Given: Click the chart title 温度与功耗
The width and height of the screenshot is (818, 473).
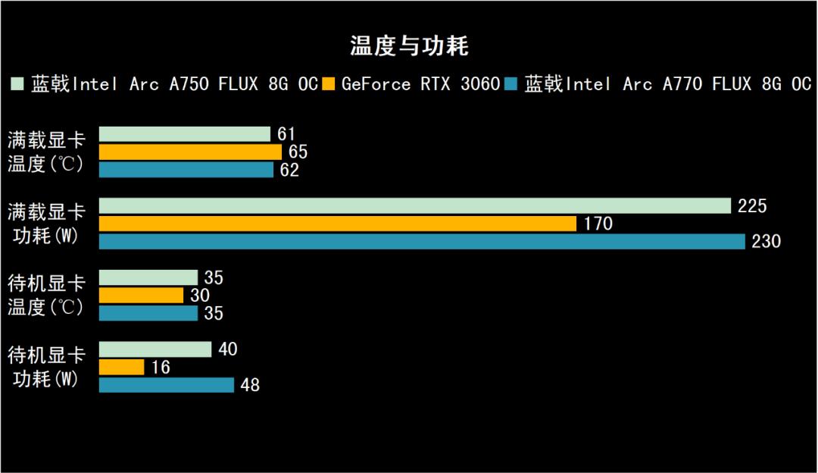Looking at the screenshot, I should pos(409,46).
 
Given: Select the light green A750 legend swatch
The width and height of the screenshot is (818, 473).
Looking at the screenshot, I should pos(18,83).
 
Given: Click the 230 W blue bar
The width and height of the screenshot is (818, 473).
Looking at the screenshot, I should pos(422,241).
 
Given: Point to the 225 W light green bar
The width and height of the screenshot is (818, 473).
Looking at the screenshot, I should pos(414,205).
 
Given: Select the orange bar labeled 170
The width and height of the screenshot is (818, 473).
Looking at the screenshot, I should pos(338,224).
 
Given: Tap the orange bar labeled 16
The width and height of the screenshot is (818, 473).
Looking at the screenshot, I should pos(121,367).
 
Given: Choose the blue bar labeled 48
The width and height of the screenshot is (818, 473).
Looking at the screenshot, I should pos(166,385).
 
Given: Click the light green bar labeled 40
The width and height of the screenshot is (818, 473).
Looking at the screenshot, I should pos(155,349).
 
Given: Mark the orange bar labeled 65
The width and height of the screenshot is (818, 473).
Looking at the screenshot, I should pos(190,152).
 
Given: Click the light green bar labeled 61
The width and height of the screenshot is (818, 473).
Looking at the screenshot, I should pos(184,134).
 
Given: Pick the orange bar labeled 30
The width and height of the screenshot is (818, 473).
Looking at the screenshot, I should pos(141,295).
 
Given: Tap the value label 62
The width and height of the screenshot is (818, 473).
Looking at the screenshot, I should pos(289,171).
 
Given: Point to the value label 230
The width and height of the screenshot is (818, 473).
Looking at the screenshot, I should pos(766,242).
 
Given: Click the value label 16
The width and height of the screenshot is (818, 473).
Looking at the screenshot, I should pos(161,368).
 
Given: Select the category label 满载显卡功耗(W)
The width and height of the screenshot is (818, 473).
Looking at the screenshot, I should pos(46,223).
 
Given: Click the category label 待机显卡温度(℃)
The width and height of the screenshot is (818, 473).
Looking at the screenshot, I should pos(46,295).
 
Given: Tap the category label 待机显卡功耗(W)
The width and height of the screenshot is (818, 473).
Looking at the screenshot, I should pos(46,367).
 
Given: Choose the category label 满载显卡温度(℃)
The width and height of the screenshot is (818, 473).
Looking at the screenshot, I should pos(46,152).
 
